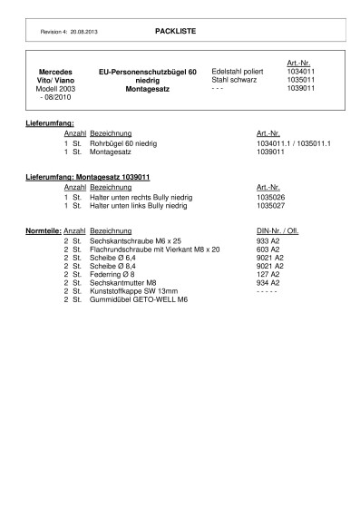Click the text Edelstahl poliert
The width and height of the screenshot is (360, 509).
236,70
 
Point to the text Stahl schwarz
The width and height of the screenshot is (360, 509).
234,79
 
